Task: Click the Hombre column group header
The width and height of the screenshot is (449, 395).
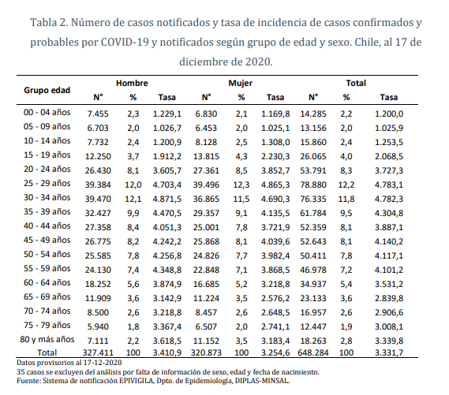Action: (132, 84)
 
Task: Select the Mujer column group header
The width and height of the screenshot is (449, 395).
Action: (240, 84)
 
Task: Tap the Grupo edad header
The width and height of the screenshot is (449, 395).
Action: (47, 90)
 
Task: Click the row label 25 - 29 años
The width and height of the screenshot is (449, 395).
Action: (47, 183)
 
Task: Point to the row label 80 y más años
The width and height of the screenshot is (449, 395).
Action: (47, 339)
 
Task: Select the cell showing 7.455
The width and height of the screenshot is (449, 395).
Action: (98, 114)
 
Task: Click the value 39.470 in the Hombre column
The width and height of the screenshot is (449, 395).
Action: (98, 199)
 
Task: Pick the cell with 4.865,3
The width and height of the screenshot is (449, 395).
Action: (275, 184)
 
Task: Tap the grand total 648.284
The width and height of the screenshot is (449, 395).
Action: (313, 352)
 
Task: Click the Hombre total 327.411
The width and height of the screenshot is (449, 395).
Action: (98, 352)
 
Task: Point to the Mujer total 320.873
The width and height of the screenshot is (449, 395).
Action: (206, 352)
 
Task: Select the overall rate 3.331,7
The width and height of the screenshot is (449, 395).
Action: (389, 352)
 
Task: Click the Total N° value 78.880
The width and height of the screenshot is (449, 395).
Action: (313, 184)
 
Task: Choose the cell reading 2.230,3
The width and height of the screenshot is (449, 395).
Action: (275, 156)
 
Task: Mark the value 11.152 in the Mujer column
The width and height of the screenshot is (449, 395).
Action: (206, 341)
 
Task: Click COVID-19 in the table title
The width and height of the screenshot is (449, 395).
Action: (125, 43)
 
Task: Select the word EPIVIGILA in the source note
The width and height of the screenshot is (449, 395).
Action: (135, 381)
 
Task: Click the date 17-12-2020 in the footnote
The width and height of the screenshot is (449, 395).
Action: (103, 363)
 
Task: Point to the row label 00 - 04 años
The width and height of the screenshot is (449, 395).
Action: (47, 112)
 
